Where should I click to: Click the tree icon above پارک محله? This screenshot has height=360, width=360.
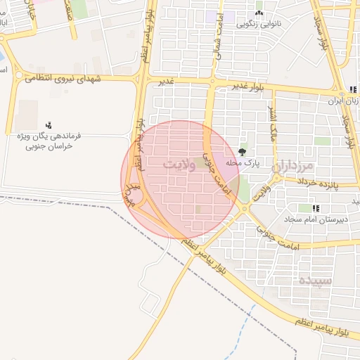tap(243, 151)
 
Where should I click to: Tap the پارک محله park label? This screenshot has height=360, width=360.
tap(243, 163)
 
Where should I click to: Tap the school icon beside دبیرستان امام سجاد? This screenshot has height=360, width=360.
tap(316, 208)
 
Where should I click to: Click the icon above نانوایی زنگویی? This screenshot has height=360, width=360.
tap(259, 13)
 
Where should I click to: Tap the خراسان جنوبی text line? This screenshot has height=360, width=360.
tap(49, 146)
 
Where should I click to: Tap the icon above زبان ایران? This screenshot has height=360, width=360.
tap(351, 89)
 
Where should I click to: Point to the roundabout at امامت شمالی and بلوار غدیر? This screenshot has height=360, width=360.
tap(212, 82)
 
